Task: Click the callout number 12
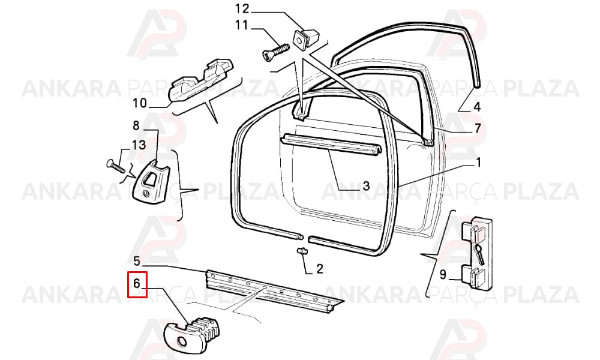tap(242, 8)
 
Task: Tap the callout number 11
tap(241, 25)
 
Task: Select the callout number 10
tap(140, 103)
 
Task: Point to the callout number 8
tap(136, 125)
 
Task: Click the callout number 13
tap(139, 145)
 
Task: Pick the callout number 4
tap(477, 107)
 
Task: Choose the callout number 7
tap(478, 128)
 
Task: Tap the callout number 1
tap(478, 163)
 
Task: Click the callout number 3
tap(366, 186)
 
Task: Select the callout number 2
tap(320, 269)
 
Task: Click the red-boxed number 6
tap(137, 283)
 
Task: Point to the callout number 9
tap(442, 274)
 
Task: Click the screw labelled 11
tap(276, 51)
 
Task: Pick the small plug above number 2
tap(302, 251)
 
